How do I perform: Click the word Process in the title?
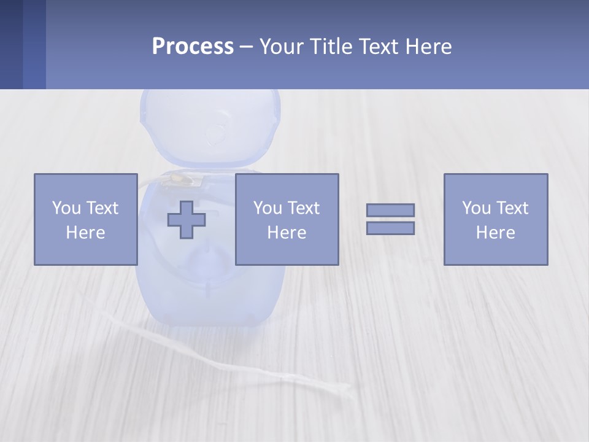tap(193, 47)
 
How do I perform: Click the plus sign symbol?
tap(187, 219)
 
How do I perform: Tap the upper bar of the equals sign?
tap(390, 210)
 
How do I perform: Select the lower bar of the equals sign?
tap(390, 228)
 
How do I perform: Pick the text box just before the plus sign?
tap(85, 219)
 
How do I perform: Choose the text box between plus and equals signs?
tap(287, 219)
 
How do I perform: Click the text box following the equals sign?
tap(495, 219)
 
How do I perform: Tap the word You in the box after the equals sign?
tap(476, 208)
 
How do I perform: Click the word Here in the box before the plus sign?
tap(85, 233)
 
